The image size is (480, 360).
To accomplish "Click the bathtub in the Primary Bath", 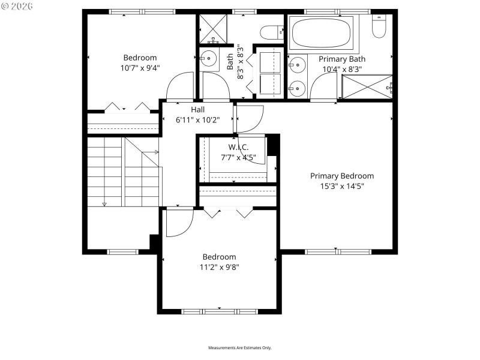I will tap(320, 34).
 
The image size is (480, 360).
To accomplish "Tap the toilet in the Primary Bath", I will tap(379, 25).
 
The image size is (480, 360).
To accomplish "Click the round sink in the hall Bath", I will tap(209, 58).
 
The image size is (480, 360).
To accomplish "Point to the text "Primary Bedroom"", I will tap(341, 176).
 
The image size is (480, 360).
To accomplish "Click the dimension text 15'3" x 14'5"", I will tap(341, 186).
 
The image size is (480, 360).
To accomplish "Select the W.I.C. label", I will tap(238, 148).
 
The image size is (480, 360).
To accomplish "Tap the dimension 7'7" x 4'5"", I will tap(238, 158).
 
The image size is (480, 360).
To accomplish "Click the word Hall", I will tap(197, 110).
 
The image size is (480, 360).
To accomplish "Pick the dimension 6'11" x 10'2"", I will tap(197, 120).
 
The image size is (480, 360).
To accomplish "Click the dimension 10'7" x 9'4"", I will tap(140, 68).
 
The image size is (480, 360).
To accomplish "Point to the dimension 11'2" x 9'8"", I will tap(219, 267).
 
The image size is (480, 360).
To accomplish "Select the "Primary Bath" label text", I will tap(341, 59).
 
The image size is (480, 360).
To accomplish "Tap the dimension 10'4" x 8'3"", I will tap(341, 69).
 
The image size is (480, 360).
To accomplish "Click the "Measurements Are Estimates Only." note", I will tap(240, 348).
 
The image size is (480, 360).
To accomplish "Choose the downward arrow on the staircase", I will tap(104, 204).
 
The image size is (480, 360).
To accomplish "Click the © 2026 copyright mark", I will tap(17, 6).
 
